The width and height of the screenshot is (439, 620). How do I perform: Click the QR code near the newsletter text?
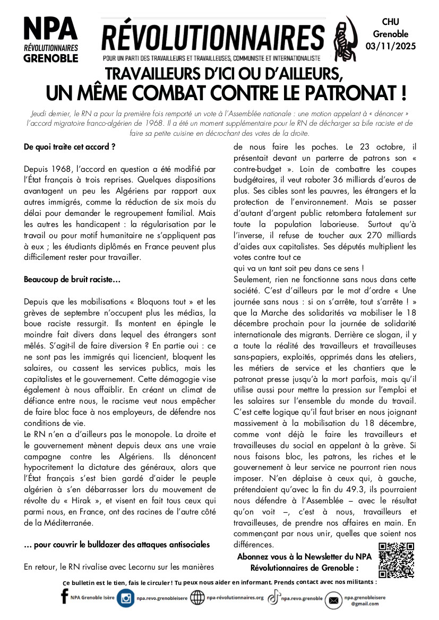(x=396, y=560)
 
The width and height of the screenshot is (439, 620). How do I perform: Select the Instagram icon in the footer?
(x=126, y=599)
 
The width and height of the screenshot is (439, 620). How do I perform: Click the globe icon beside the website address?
(x=197, y=598)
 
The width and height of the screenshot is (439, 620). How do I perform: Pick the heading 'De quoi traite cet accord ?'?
(x=70, y=146)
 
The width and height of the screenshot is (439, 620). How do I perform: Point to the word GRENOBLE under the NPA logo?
(x=51, y=58)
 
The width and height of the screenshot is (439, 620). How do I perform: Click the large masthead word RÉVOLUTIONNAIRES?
(x=213, y=37)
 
